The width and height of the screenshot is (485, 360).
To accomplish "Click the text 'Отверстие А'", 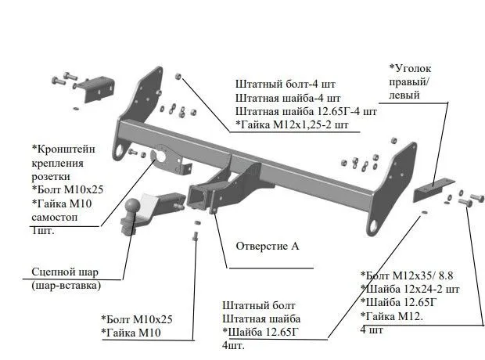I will [268, 246].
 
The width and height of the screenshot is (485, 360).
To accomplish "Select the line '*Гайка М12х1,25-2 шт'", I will [291, 124].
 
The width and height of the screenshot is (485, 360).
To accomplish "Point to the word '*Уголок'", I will [410, 69].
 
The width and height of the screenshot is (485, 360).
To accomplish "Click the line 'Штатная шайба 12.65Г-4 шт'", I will [306, 111].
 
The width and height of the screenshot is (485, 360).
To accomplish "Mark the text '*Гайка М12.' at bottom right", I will [391, 315].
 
